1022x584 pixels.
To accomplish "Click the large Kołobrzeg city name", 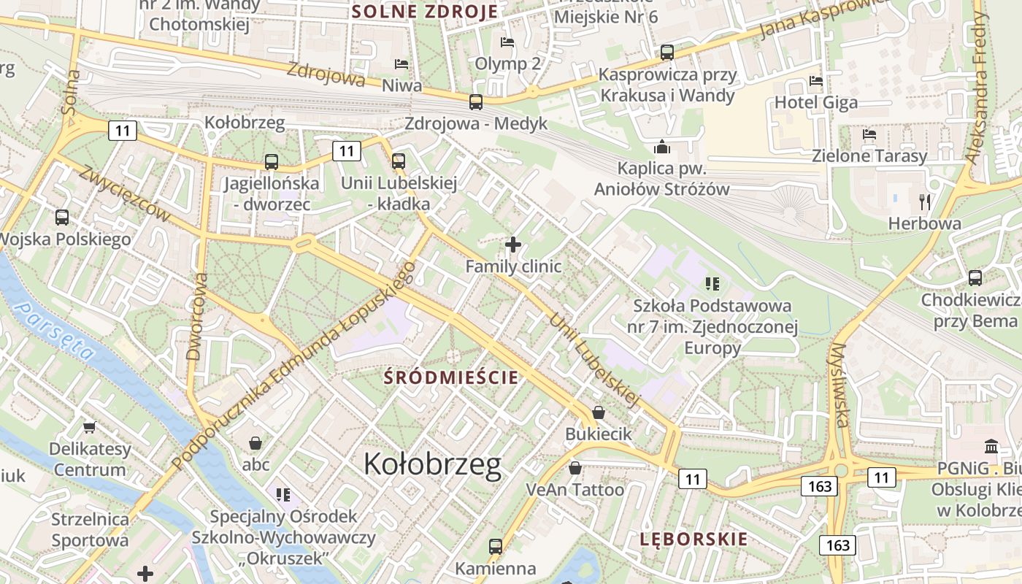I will pos(432,464).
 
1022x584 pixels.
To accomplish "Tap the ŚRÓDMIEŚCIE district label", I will pos(451,377).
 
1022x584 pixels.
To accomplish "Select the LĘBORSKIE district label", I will pos(693,539).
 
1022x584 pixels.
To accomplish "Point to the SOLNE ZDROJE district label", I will pos(424,12).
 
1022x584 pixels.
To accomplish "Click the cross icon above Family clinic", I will pos(513,245).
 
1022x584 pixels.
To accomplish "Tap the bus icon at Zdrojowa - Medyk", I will pos(476,101).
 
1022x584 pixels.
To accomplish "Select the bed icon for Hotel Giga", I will pos(816,80).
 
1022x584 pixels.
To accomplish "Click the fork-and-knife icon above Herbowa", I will pos(925,201).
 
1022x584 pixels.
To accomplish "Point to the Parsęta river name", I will pos(56,331).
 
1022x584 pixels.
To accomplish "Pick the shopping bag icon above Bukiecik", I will pos(599,412).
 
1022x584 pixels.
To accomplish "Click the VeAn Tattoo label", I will pos(575,489).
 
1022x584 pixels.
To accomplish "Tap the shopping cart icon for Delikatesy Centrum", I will pos(90,426).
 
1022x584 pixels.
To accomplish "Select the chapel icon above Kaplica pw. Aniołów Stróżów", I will pos(662,147).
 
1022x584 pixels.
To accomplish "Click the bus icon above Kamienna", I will pos(495,546).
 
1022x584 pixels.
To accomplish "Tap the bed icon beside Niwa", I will pos(401,64).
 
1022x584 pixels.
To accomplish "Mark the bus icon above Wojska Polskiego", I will pos(62,217).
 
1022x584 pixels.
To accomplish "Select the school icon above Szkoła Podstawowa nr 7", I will pos(712,283).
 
